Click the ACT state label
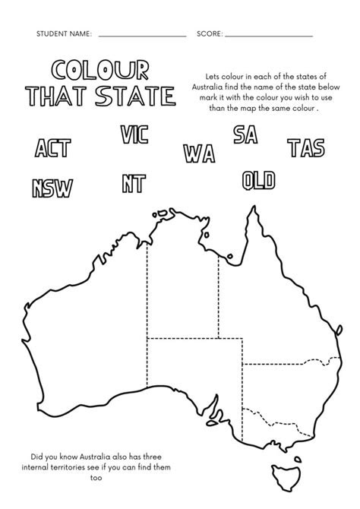52,147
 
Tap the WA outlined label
199,151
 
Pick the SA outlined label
245,135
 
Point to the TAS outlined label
307,147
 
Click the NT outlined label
134,183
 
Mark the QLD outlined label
258,180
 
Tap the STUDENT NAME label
65,34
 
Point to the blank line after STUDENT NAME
142,36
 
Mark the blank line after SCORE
269,36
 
